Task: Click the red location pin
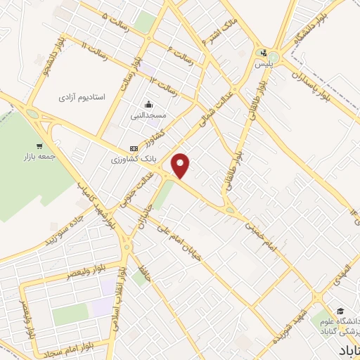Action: click(x=181, y=165)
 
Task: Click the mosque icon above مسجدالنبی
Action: click(x=148, y=101)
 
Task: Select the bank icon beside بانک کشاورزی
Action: click(x=134, y=148)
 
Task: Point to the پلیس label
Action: click(x=264, y=65)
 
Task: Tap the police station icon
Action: click(x=264, y=53)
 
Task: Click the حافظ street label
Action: click(x=145, y=276)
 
